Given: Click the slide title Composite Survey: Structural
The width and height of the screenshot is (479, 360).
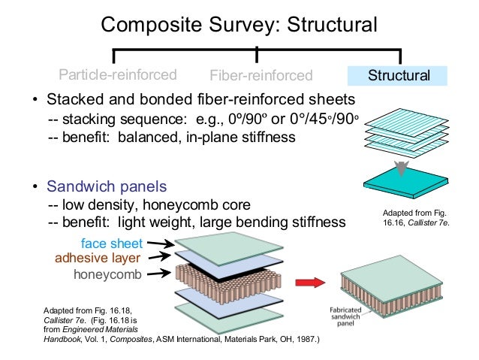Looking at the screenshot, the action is click(239, 25).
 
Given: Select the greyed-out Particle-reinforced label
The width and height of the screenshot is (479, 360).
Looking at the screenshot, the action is click(118, 75).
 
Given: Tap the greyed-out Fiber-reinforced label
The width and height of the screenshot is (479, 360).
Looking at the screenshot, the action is click(261, 76).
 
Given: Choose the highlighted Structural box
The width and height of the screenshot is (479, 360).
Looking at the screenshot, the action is click(397, 76).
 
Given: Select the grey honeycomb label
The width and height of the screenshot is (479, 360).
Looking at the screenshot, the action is click(107, 275).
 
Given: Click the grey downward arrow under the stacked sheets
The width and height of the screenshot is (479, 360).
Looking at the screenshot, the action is click(401, 166).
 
